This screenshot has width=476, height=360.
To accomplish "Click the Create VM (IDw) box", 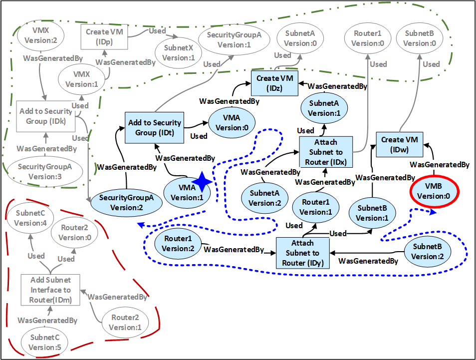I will tap(400, 145).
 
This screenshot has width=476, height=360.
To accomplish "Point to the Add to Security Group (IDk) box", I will tap(45, 116).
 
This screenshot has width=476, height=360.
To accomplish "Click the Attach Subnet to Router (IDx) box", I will tap(326, 153).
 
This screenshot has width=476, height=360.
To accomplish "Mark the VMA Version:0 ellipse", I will tap(232, 122).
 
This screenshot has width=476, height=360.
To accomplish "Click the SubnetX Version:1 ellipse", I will tap(175, 52).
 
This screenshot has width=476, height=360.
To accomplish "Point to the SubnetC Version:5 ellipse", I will tap(44, 342).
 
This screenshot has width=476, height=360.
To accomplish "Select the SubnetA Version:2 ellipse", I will tap(265, 198).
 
